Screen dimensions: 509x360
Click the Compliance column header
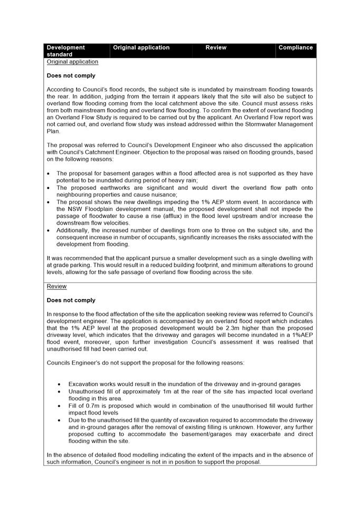296,47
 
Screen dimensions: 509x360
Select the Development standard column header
65,51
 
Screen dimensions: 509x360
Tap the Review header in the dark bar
216,47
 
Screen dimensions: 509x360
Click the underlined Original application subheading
72,62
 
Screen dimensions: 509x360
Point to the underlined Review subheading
56,286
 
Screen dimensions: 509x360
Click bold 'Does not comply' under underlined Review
71,300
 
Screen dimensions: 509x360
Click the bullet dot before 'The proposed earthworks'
49,188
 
